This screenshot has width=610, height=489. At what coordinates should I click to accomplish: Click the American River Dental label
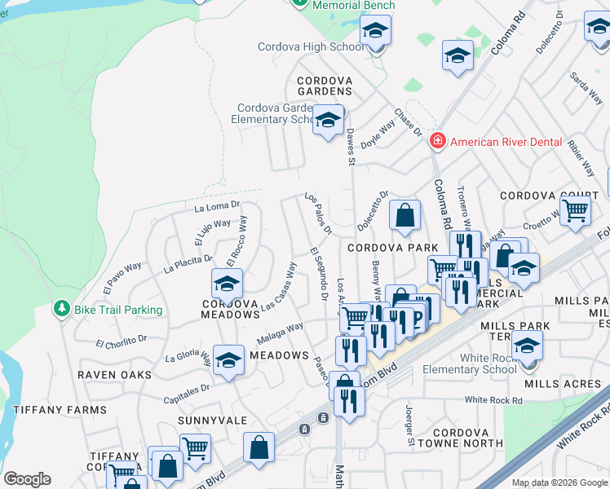[x=506, y=142]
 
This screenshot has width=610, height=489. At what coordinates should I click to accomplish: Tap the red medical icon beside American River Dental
[x=438, y=141]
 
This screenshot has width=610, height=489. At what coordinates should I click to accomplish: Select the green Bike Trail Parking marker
[x=60, y=309]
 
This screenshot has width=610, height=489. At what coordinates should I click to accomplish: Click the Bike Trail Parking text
[x=118, y=310]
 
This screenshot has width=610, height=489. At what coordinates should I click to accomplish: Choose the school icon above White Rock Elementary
[x=528, y=349]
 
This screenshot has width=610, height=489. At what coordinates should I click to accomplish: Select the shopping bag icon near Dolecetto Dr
[x=404, y=216]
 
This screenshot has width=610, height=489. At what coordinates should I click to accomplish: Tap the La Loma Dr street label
[x=216, y=207]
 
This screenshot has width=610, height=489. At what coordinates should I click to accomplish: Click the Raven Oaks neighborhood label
[x=114, y=374]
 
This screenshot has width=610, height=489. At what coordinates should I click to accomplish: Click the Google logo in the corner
[x=27, y=479]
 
